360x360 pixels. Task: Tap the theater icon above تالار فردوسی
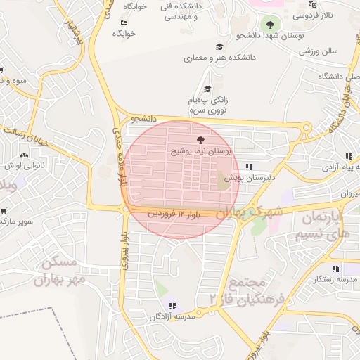[x=312, y=4]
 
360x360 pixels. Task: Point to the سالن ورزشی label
[x=319, y=51]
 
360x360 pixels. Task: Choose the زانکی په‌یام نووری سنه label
[x=207, y=105]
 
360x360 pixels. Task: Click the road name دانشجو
[x=143, y=119]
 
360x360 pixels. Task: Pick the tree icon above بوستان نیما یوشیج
[x=201, y=141]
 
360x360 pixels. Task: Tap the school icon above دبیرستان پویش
[x=249, y=167]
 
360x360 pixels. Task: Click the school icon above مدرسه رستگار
[x=336, y=269]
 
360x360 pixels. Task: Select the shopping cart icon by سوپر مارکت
[x=4, y=210]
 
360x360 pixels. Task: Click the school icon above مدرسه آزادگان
[x=173, y=306]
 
